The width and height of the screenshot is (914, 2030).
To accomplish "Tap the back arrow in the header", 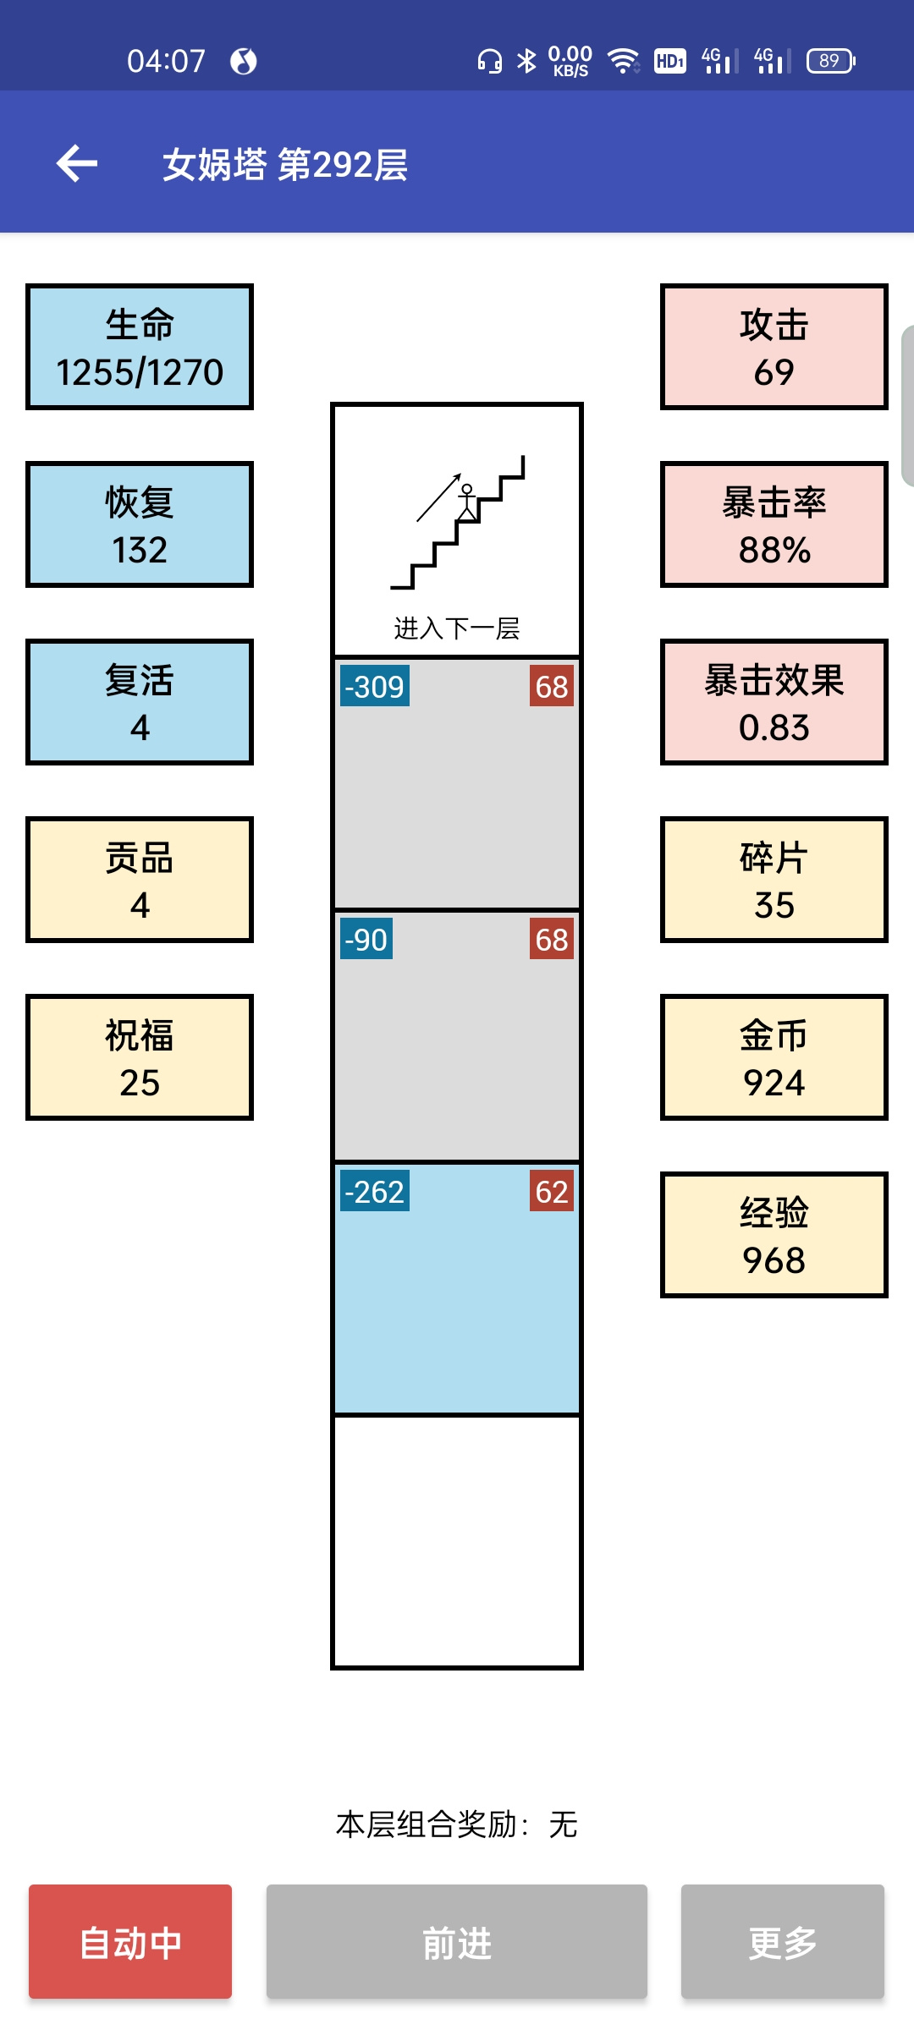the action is click(x=77, y=163).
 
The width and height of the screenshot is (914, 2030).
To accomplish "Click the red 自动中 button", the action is click(x=130, y=1941).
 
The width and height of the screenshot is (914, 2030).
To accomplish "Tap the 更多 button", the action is click(x=783, y=1941).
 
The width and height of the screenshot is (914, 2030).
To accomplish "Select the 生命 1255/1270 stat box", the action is click(x=140, y=347).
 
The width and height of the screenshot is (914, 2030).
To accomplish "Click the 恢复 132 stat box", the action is click(x=140, y=524).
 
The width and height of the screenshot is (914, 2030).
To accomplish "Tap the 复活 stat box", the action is click(x=140, y=702).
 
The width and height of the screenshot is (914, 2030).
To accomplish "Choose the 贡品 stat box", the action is click(x=140, y=880).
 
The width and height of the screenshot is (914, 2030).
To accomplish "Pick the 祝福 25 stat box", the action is click(x=140, y=1057).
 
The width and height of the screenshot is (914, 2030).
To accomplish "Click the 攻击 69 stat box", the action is click(x=774, y=347).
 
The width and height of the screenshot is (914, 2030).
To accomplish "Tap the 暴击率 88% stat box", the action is click(x=774, y=524).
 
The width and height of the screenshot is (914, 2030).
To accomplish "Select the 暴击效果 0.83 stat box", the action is click(x=774, y=702).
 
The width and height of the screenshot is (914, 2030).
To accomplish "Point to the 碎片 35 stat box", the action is click(x=774, y=880).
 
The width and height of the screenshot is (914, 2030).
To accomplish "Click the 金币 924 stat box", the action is click(x=774, y=1057).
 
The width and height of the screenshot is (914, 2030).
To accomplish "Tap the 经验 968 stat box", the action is click(x=774, y=1235).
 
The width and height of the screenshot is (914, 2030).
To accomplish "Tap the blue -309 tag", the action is click(x=375, y=686).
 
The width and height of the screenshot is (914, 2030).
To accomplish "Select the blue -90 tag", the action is click(x=366, y=939).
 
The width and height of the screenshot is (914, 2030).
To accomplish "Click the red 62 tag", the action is click(x=552, y=1191).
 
